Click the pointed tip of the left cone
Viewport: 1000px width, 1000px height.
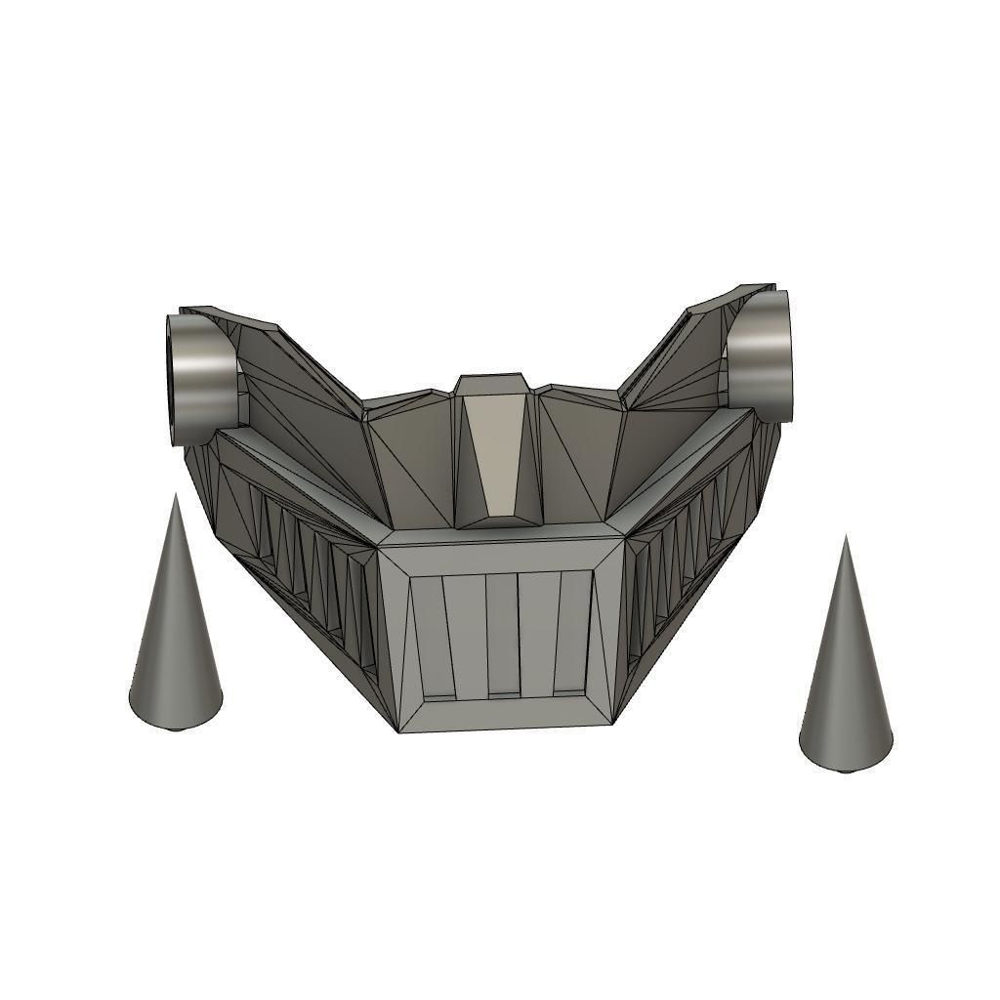pyautogui.click(x=176, y=496)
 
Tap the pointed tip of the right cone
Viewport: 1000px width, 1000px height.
pyautogui.click(x=846, y=537)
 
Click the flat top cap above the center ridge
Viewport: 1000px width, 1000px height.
pyautogui.click(x=495, y=383)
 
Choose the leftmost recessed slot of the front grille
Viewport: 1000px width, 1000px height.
pyautogui.click(x=435, y=635)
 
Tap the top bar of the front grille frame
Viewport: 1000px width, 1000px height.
pyautogui.click(x=500, y=552)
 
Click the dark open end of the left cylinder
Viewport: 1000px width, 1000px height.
pyautogui.click(x=177, y=381)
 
